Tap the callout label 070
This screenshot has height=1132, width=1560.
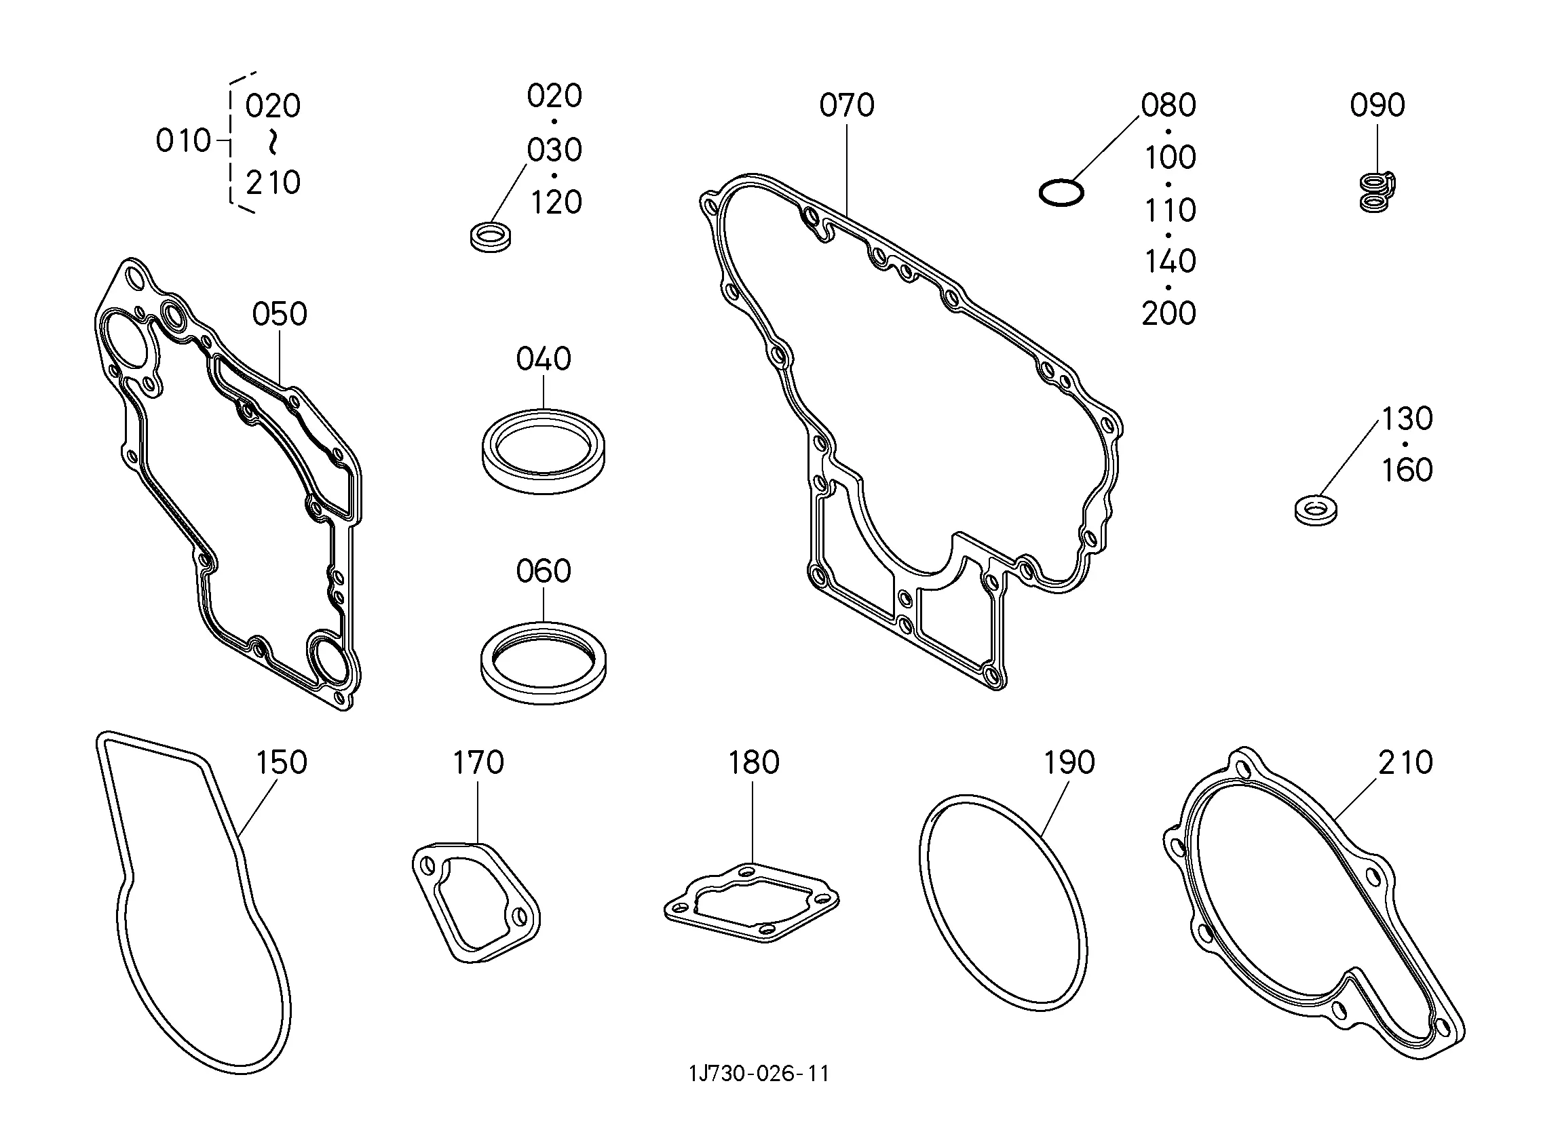pos(847,105)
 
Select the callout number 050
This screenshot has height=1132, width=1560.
pos(280,314)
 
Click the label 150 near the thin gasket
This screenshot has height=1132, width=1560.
pos(282,762)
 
